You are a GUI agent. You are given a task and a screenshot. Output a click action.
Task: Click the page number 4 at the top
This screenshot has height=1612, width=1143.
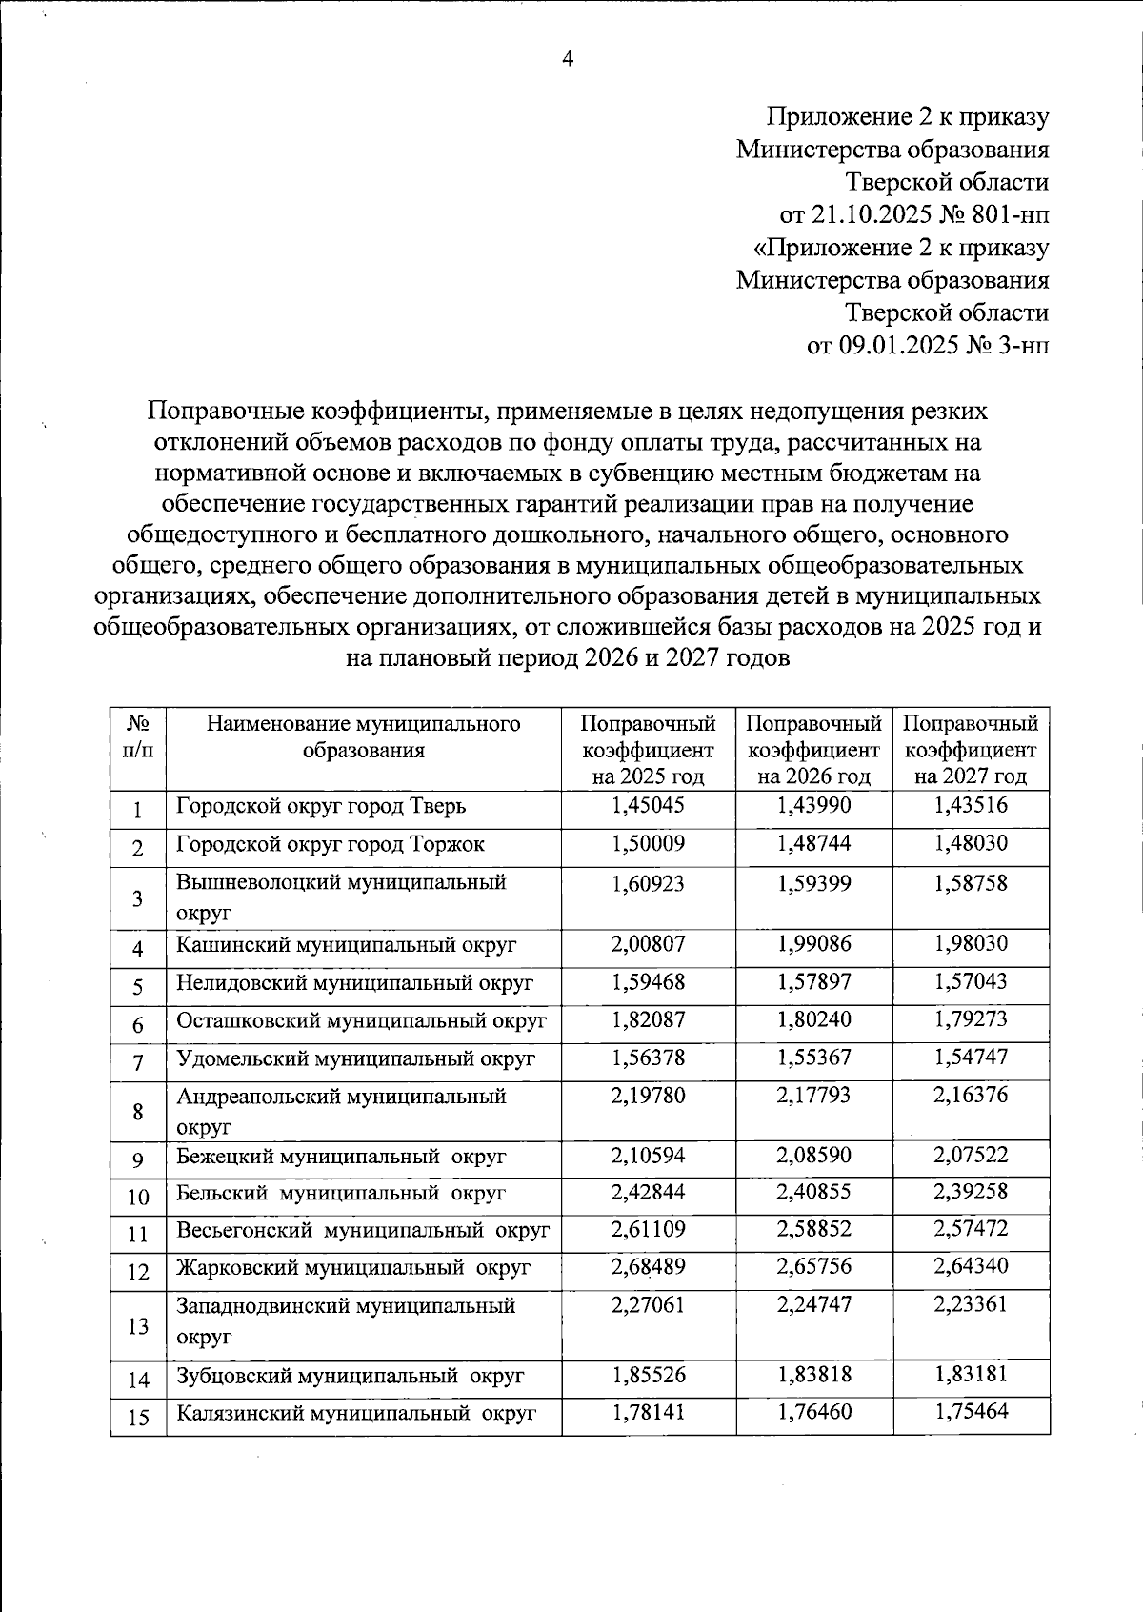click(x=569, y=59)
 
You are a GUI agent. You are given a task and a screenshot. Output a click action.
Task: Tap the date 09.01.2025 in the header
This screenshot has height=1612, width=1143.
click(x=884, y=345)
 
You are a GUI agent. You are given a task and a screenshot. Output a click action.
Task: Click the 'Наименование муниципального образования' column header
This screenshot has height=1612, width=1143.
click(x=363, y=736)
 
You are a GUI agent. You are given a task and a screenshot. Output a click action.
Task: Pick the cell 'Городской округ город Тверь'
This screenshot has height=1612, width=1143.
click(x=321, y=807)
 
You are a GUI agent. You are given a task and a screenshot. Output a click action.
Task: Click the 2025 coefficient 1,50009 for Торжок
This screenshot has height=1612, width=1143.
click(x=648, y=844)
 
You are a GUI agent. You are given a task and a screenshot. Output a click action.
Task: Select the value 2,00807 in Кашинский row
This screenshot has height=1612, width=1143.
click(x=648, y=944)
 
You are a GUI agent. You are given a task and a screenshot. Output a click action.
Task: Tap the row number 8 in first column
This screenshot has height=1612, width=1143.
click(x=138, y=1113)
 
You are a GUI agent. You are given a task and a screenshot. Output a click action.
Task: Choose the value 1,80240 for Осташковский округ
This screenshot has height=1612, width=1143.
click(x=814, y=1019)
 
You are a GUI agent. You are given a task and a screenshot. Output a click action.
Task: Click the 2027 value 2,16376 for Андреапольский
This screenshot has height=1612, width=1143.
click(x=971, y=1096)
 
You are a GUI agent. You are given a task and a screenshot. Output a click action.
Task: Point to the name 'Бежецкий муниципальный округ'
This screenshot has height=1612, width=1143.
click(x=341, y=1157)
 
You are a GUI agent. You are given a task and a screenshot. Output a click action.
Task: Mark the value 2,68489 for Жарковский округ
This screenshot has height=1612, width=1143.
click(x=648, y=1267)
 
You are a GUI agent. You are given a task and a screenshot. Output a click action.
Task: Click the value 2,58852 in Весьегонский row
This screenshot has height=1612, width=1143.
click(x=814, y=1229)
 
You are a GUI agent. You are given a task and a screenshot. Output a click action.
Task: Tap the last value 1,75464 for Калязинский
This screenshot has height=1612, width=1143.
click(x=971, y=1412)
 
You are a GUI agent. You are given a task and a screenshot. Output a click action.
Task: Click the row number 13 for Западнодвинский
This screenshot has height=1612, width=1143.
click(x=138, y=1326)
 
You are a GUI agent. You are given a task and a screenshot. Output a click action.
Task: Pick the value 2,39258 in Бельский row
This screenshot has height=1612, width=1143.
click(x=971, y=1192)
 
